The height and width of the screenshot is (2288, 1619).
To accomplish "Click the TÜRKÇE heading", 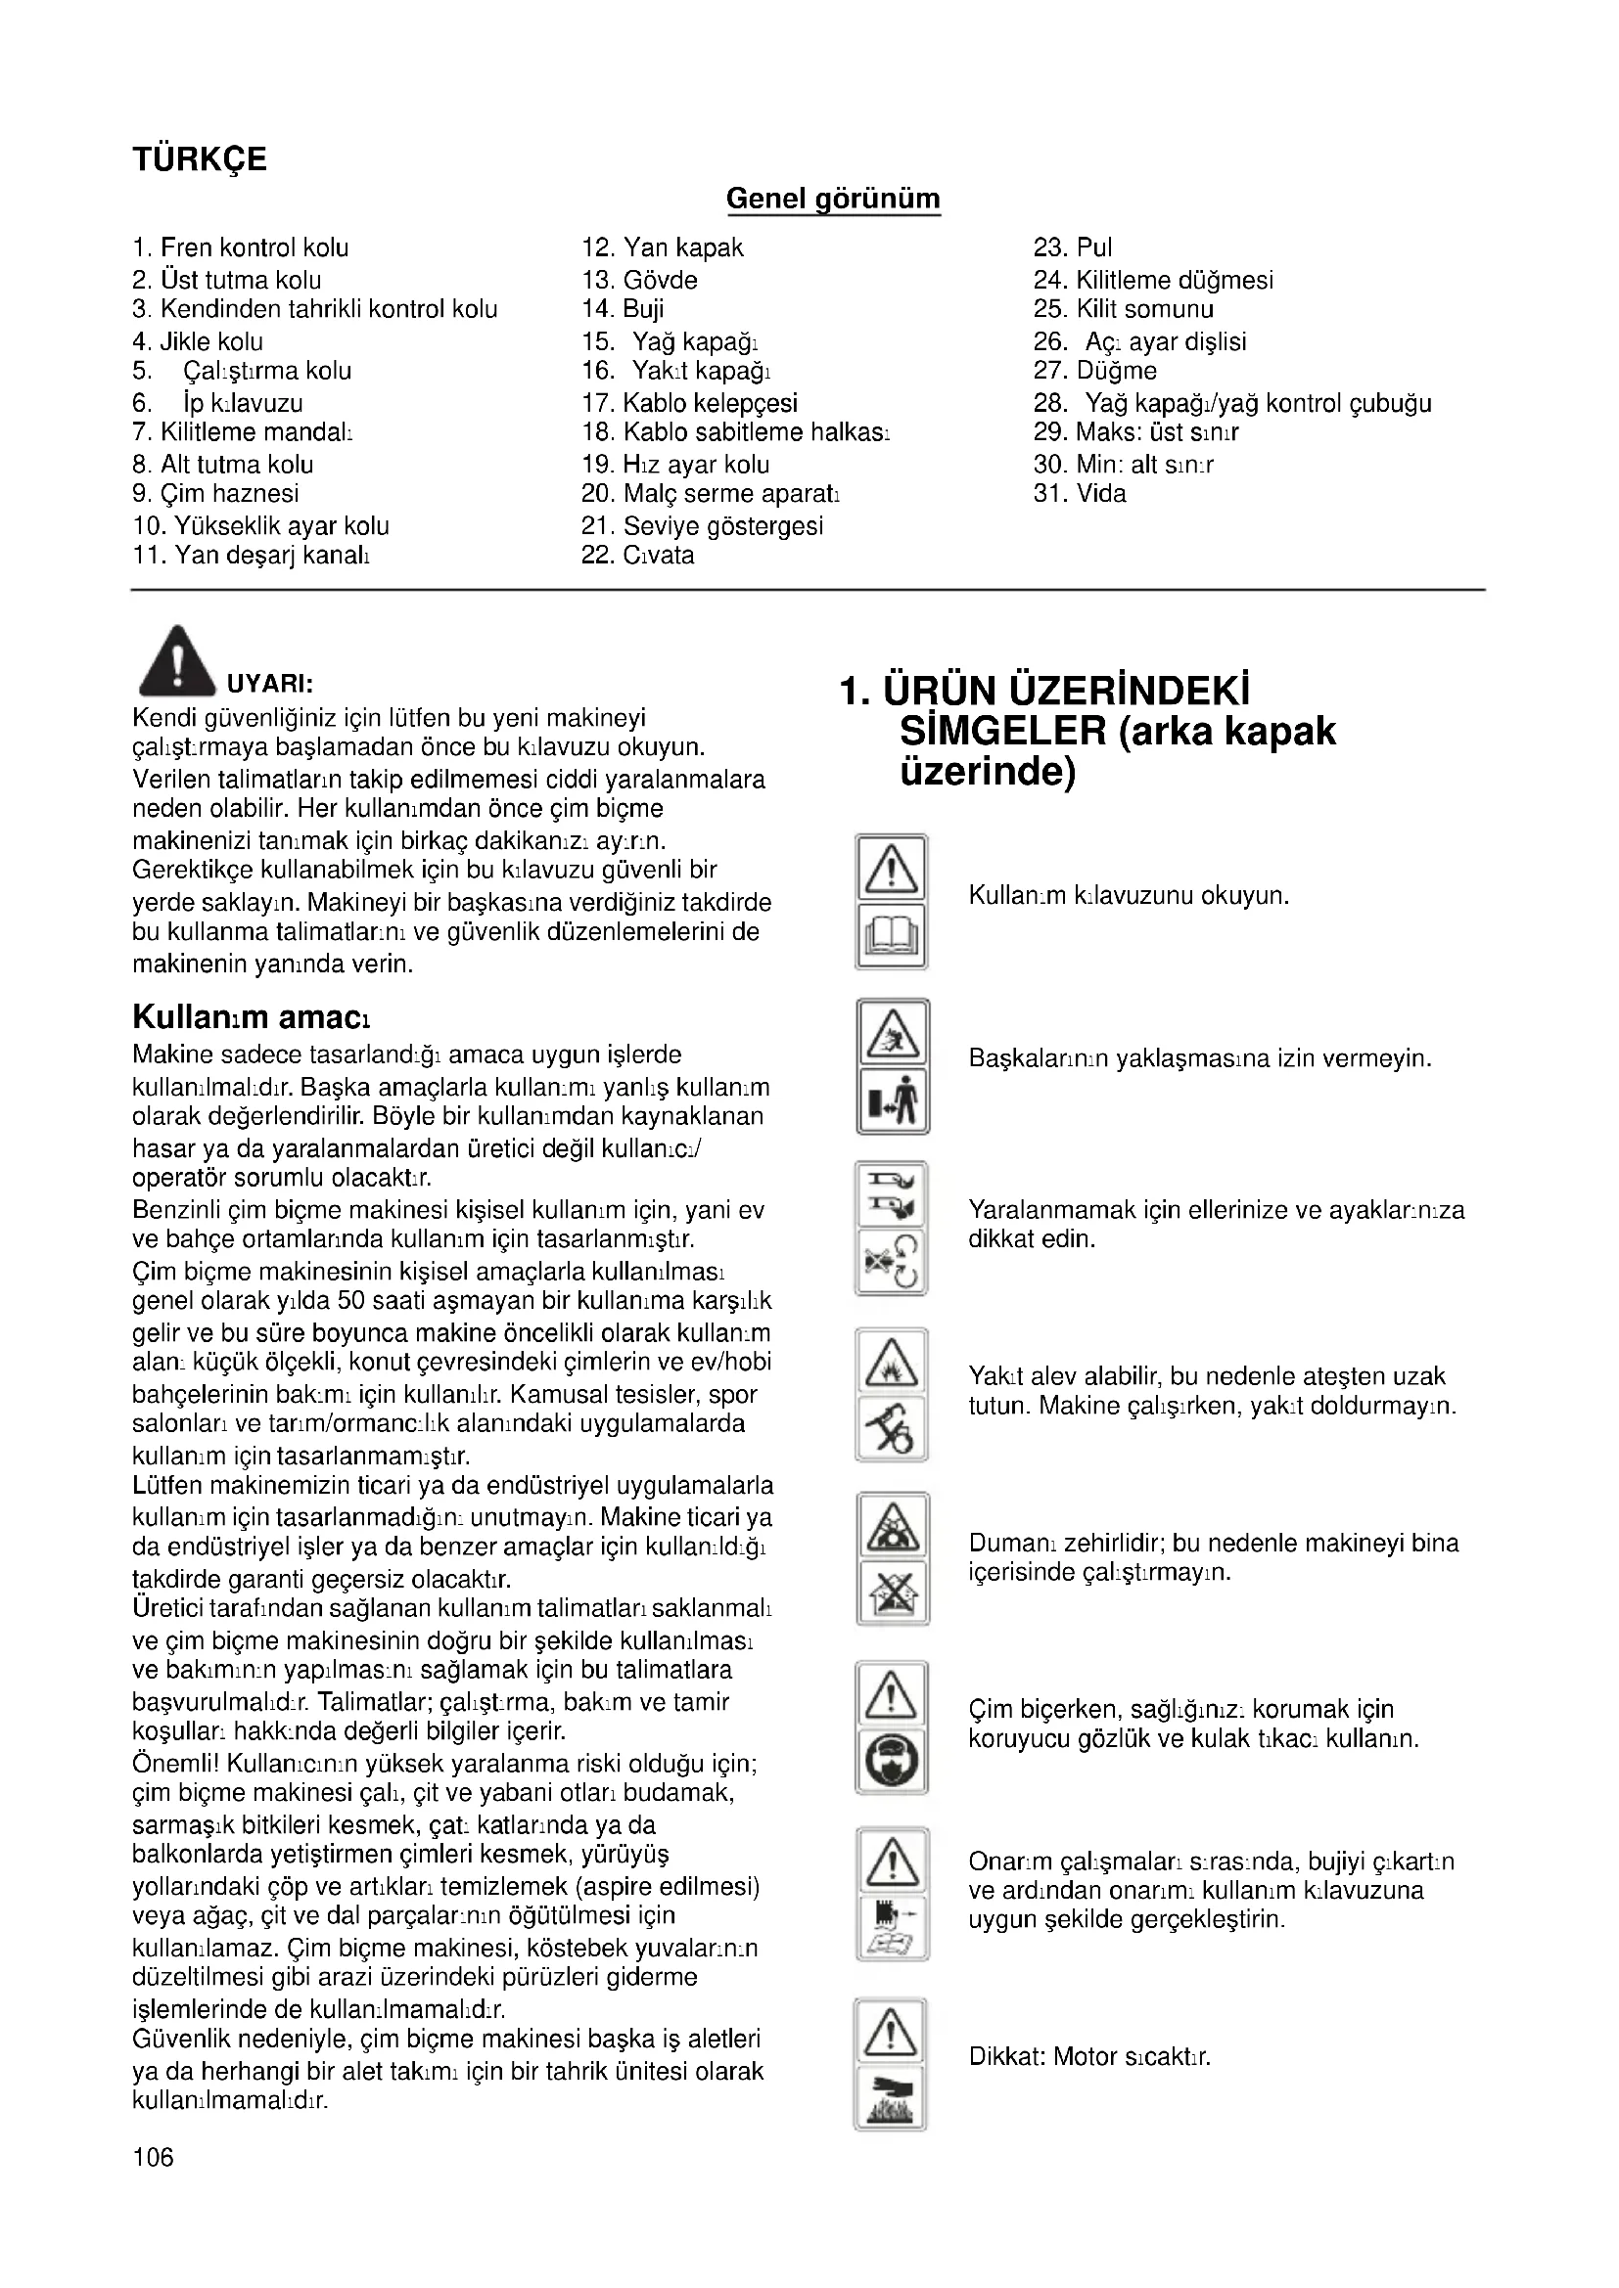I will click(x=200, y=159).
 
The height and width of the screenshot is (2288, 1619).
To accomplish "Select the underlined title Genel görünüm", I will click(x=832, y=199).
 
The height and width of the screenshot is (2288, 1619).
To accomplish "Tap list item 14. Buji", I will click(x=624, y=309).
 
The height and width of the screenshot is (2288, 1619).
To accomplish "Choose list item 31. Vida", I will click(x=1080, y=493).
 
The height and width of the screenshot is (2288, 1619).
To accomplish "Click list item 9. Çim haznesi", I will click(x=215, y=493).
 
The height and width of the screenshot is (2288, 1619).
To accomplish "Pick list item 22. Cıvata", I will click(x=638, y=555).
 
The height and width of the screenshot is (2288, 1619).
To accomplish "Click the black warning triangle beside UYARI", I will click(x=176, y=660).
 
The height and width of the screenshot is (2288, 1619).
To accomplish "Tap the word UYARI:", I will click(x=270, y=684).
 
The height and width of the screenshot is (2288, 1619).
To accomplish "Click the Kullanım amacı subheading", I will click(x=252, y=1017).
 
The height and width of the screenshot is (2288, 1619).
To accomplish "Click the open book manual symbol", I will click(x=892, y=937).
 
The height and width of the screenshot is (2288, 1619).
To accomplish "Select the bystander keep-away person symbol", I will click(x=893, y=1101).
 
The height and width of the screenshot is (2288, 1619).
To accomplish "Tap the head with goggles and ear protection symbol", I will click(x=893, y=1763).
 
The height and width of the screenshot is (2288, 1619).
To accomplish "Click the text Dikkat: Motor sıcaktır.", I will click(x=1089, y=2057).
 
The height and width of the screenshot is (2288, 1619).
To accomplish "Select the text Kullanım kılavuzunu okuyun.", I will click(x=1129, y=896).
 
